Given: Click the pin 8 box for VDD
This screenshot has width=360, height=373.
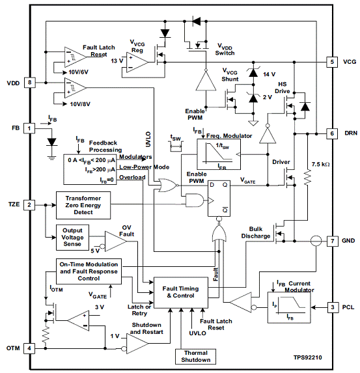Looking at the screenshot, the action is pyautogui.click(x=29, y=83).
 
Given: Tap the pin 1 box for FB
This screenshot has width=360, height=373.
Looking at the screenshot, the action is pyautogui.click(x=29, y=128).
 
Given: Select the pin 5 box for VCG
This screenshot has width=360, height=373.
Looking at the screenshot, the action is pyautogui.click(x=332, y=62).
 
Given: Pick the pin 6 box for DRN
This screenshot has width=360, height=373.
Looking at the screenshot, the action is pyautogui.click(x=332, y=133).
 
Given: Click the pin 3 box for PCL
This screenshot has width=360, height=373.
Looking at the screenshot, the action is pyautogui.click(x=333, y=307).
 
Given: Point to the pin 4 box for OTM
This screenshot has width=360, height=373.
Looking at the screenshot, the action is pyautogui.click(x=29, y=348).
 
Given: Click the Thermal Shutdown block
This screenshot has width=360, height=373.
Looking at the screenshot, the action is pyautogui.click(x=195, y=356).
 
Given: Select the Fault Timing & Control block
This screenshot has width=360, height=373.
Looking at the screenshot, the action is pyautogui.click(x=181, y=292).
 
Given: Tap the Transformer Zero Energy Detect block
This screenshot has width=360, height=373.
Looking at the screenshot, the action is pyautogui.click(x=83, y=205).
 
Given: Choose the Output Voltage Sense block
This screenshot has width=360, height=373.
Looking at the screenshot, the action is pyautogui.click(x=72, y=238).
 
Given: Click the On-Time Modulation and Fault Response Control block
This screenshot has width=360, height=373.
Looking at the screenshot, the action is pyautogui.click(x=89, y=271).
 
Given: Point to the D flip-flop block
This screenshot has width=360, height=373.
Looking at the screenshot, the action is pyautogui.click(x=219, y=199).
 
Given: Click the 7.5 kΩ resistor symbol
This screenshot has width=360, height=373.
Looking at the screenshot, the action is pyautogui.click(x=307, y=177).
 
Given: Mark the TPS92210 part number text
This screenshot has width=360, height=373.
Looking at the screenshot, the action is pyautogui.click(x=308, y=357).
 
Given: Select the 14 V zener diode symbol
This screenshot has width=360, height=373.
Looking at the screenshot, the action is pyautogui.click(x=253, y=72).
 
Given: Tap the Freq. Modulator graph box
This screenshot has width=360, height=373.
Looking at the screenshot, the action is pyautogui.click(x=219, y=154).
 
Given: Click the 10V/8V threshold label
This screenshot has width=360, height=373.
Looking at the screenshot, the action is pyautogui.click(x=80, y=104).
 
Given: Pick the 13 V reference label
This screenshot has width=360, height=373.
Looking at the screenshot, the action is pyautogui.click(x=117, y=61).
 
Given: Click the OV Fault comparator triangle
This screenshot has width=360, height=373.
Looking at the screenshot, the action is pyautogui.click(x=116, y=242).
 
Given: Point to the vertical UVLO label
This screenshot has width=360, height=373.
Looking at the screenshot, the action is pyautogui.click(x=148, y=139).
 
